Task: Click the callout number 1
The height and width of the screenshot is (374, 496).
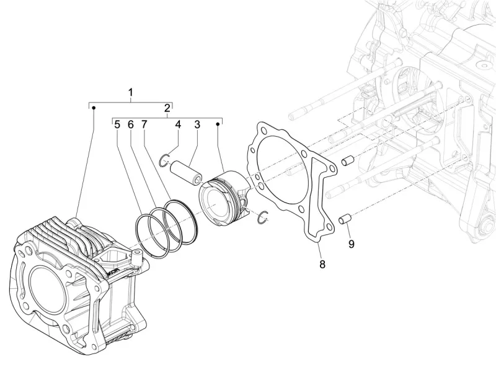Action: click(x=131, y=93)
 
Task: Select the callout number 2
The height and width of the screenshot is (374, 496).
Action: click(x=167, y=109)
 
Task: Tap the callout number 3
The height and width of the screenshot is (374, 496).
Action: click(x=197, y=124)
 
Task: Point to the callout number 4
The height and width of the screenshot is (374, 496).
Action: click(x=178, y=124)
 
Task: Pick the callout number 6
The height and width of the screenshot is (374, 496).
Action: click(x=131, y=124)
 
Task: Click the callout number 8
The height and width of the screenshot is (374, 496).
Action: click(x=322, y=265)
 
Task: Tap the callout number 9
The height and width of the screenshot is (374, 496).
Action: click(x=351, y=244)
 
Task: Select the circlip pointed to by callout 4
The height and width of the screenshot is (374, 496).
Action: click(x=163, y=160)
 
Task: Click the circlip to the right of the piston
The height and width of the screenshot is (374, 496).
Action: click(x=263, y=216)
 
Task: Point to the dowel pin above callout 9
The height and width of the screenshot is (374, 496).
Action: click(x=346, y=218)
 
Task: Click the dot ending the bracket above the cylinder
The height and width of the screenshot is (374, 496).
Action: click(x=93, y=108)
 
